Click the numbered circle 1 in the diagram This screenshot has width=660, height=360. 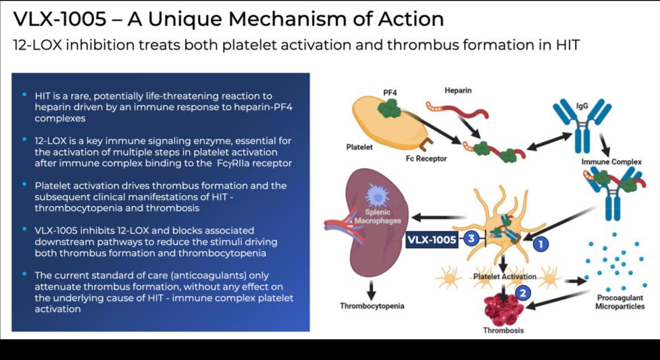(540, 243)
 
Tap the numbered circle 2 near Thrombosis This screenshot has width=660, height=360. (523, 293)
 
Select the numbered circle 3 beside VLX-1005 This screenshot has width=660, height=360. (472, 238)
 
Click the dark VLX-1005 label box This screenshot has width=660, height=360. (432, 240)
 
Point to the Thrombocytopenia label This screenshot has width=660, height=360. (372, 306)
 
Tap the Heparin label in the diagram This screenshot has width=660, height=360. (458, 91)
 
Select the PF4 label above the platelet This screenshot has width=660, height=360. (390, 93)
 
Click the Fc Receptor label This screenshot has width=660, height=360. (426, 159)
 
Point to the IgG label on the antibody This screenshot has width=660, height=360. (582, 105)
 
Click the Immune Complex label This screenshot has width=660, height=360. (611, 161)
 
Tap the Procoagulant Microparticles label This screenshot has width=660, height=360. (620, 302)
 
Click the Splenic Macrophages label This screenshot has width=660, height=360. (378, 216)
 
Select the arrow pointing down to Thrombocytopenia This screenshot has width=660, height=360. (371, 290)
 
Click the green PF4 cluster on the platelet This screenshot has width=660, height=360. (390, 108)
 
